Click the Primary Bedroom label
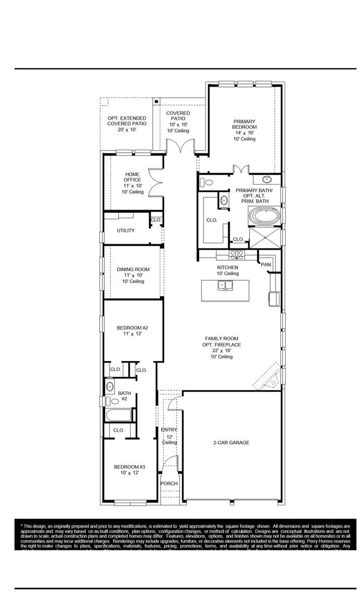(244, 124)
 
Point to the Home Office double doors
(155, 182)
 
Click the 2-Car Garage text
(231, 443)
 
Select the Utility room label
(126, 230)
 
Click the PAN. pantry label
(266, 264)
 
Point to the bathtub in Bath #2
(119, 415)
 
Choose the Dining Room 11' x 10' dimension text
(133, 275)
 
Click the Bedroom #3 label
(129, 467)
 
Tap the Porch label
(169, 483)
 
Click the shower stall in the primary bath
(265, 238)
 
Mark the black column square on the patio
(156, 101)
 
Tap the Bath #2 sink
(110, 387)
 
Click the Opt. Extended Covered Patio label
(127, 121)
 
